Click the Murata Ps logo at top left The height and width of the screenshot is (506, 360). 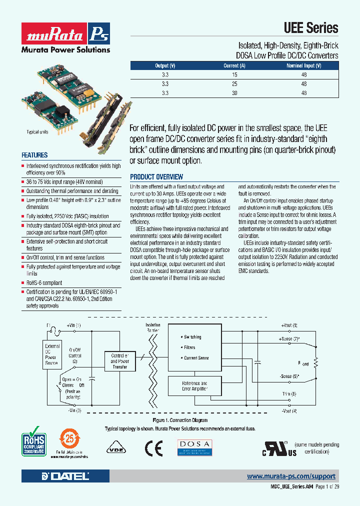click(65, 36)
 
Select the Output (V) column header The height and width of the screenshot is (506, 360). click(165, 65)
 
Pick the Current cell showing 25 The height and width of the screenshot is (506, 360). click(234, 83)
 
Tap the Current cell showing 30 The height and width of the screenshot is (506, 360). click(234, 92)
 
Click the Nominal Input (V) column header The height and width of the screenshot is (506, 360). click(303, 65)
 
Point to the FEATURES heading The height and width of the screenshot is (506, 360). click(34, 155)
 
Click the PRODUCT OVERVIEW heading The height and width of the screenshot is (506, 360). click(156, 177)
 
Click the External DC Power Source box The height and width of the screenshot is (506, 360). click(51, 354)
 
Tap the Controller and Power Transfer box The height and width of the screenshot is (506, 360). click(119, 360)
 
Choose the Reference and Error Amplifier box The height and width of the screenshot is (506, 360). click(194, 386)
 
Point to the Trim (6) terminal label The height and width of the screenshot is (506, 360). click(290, 394)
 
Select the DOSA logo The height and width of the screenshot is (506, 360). click(195, 447)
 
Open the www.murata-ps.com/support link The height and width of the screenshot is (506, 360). click(291, 476)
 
